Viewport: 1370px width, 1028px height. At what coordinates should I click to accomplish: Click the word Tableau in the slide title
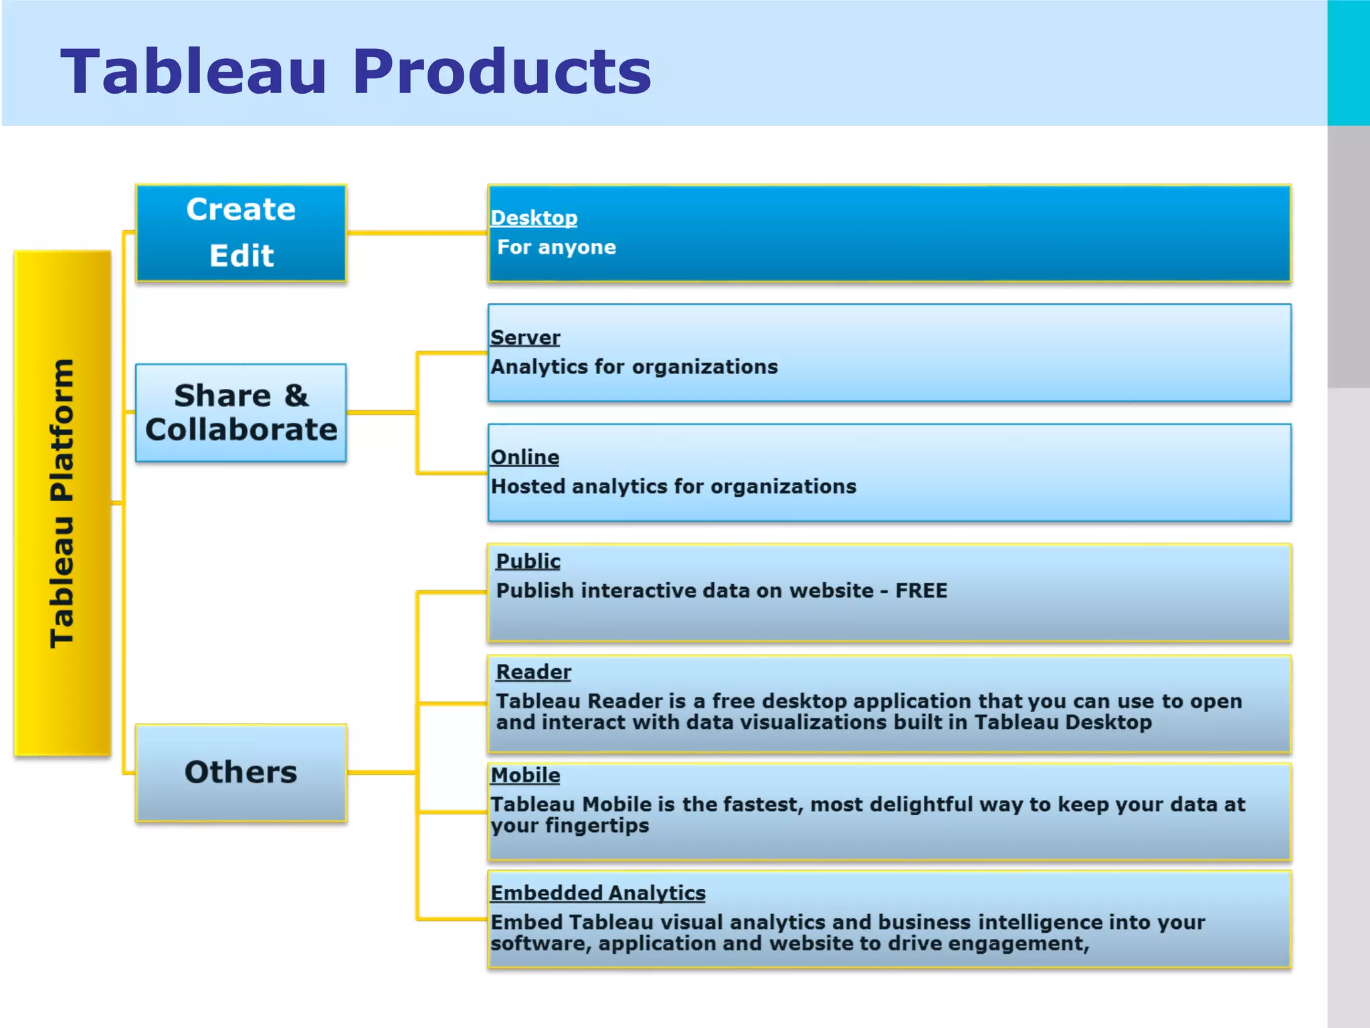coord(194,72)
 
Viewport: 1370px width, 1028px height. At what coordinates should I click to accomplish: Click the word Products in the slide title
coord(502,72)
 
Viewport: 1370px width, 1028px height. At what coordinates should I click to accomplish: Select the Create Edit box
coord(241,233)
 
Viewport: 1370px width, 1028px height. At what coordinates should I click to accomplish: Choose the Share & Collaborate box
coord(241,413)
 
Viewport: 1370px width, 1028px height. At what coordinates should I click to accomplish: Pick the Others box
coord(241,772)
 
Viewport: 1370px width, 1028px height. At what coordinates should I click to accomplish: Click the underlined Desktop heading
coord(534,218)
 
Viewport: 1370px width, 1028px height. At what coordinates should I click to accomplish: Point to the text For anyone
coord(556,247)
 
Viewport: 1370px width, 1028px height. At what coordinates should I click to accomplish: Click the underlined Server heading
coord(525,337)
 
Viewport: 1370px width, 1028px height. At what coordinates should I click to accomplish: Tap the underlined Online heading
coord(524,457)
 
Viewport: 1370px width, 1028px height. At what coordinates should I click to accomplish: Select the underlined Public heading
coord(528,561)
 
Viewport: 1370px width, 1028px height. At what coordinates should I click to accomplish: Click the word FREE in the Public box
coord(921,590)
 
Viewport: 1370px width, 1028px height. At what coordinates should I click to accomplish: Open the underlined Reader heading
coord(533,671)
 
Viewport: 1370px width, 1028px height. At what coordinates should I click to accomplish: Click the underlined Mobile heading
coord(525,775)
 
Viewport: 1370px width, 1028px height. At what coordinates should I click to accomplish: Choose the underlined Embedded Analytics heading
coord(598,893)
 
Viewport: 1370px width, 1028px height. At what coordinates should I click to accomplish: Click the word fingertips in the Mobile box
coord(597,826)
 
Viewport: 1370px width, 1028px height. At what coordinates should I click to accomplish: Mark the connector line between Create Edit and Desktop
coord(417,233)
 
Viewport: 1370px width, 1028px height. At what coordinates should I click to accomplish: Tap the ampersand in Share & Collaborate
coord(296,396)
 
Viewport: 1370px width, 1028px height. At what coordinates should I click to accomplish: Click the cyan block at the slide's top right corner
coord(1349,62)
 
